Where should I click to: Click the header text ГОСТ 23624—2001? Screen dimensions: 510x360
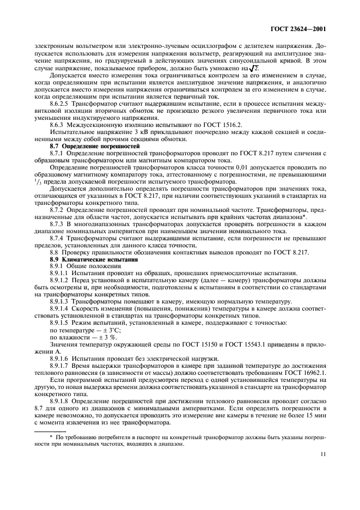[301, 29]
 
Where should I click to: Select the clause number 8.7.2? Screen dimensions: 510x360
[58, 209]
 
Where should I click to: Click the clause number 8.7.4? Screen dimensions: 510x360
[58, 238]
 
